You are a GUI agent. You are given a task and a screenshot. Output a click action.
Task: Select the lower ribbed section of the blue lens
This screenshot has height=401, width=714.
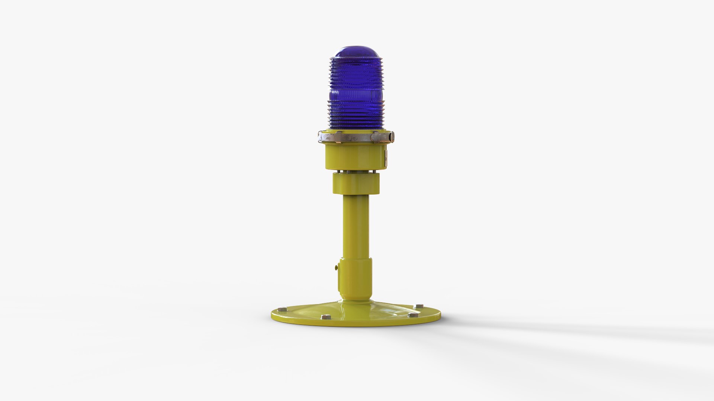tap(356, 115)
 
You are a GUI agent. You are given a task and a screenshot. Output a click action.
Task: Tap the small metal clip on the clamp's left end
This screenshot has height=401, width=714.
tap(321, 137)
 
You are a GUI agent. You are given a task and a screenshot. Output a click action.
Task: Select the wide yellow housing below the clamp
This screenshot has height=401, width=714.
tap(355, 156)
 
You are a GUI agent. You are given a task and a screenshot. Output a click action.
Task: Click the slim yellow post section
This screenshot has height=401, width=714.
tap(356, 226)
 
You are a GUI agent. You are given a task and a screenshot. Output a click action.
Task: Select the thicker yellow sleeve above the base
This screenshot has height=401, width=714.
tap(355, 278)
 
